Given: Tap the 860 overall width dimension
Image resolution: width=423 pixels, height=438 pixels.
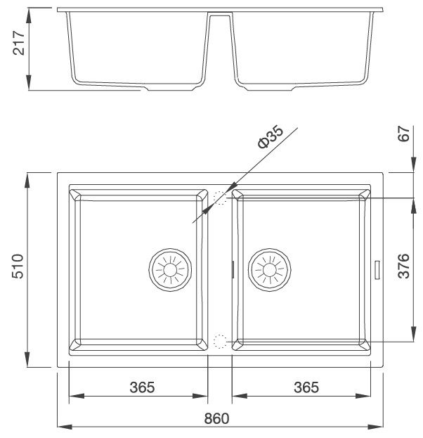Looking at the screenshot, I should (x=218, y=418).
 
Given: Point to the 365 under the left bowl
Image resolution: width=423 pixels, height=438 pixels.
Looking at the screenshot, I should (x=142, y=387).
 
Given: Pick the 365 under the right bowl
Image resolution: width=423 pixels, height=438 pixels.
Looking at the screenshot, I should (x=306, y=387).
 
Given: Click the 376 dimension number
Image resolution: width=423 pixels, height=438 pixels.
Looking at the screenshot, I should (x=404, y=266).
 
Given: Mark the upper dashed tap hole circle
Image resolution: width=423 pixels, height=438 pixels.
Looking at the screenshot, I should (x=221, y=198).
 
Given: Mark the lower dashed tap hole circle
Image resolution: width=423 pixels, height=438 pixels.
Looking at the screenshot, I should (x=221, y=342).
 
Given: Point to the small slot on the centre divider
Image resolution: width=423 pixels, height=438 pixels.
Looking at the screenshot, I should (x=232, y=267).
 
